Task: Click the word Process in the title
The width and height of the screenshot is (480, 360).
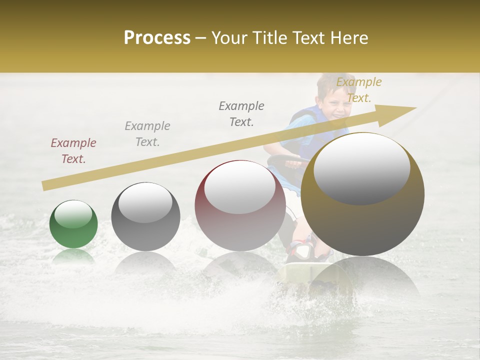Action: coord(157,38)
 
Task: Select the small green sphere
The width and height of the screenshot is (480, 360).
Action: coord(73,224)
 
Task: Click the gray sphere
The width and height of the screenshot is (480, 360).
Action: coord(145,216)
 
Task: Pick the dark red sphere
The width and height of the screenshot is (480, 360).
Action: coord(240,205)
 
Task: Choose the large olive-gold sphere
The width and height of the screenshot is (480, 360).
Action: coord(362,194)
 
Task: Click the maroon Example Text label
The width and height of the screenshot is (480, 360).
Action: coord(73,150)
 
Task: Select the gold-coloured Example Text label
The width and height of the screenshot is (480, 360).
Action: coord(358,89)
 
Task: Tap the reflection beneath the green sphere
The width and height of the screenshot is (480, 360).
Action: coord(73,257)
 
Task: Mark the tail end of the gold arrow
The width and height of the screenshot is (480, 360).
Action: coord(46,185)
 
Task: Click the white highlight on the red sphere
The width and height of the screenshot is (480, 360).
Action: coord(239,188)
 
